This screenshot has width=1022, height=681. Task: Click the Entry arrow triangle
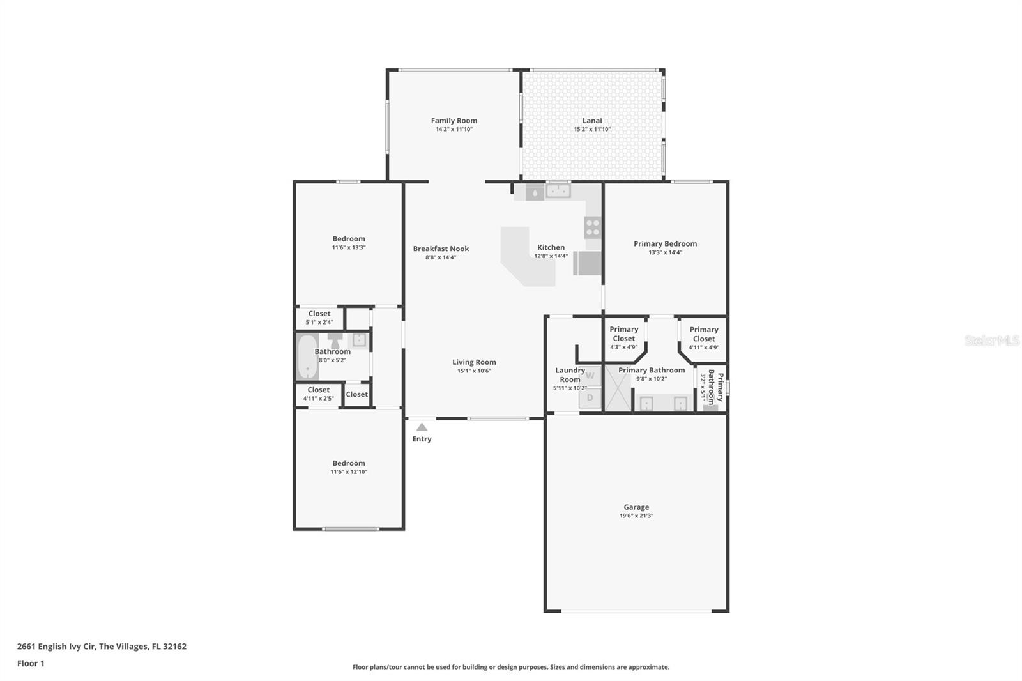422,427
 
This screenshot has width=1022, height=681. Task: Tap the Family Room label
454,121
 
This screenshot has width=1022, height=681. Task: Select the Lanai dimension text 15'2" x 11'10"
592,129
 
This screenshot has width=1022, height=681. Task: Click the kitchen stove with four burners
593,228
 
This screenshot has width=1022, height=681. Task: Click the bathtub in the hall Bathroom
308,357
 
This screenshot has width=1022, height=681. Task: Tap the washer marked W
590,376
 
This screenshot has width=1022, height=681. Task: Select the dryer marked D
590,397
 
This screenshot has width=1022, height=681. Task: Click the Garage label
636,507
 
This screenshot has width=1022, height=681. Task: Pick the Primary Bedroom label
665,244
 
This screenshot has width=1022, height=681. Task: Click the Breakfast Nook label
441,249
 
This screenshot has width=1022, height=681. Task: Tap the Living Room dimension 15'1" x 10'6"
474,371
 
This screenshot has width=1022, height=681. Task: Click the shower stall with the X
618,388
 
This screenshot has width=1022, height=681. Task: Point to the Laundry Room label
570,375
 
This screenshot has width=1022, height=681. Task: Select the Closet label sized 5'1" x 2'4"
319,314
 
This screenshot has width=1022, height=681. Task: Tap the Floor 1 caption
31,663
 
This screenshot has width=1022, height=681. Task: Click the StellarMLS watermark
992,340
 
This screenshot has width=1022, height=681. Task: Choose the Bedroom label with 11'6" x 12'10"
349,463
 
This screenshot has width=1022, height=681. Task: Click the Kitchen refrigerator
587,263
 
